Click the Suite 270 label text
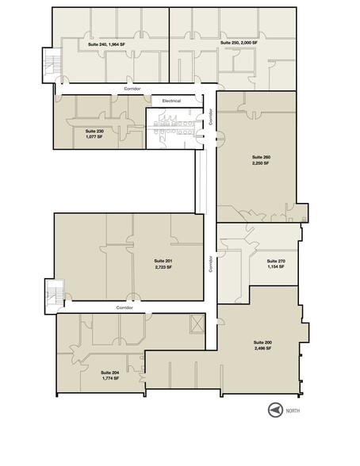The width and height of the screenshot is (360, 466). [x=275, y=261]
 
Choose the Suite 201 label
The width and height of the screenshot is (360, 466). [x=163, y=261]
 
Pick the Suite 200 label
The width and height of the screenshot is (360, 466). [x=263, y=343]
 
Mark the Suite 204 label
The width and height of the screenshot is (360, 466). [x=110, y=372]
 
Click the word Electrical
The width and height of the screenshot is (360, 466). [x=172, y=101]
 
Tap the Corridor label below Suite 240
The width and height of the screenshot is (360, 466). [x=132, y=89]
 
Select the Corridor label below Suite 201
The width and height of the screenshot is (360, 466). [x=124, y=307]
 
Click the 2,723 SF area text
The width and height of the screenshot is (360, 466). [x=163, y=267]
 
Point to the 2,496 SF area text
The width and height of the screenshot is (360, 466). [x=263, y=349]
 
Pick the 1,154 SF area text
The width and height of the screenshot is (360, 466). [x=275, y=266]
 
